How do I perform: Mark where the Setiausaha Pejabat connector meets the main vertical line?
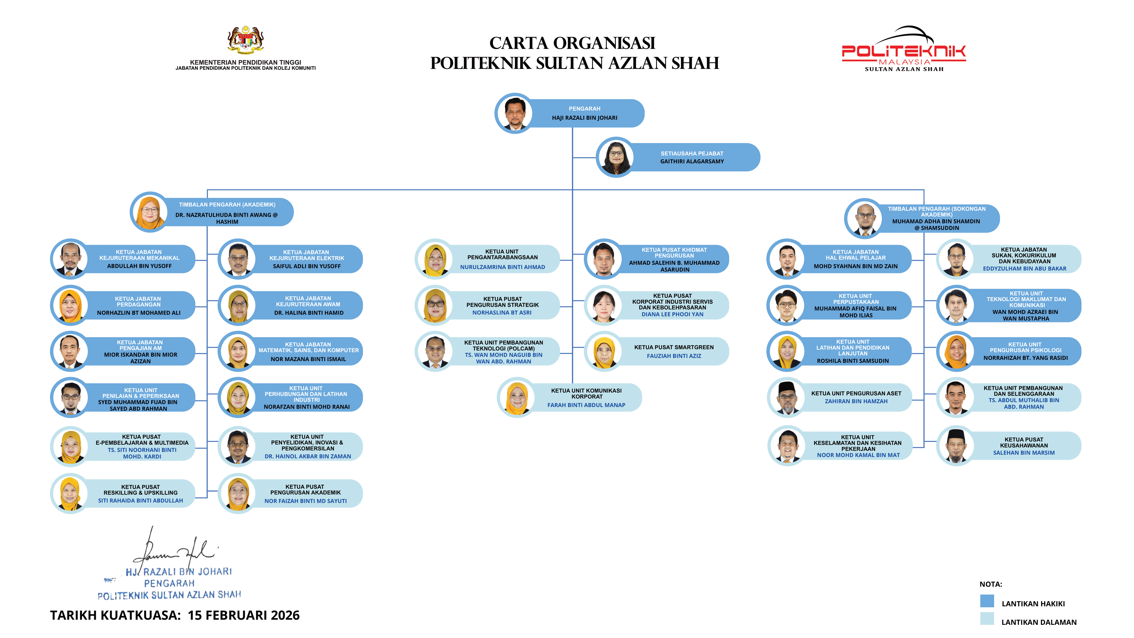tap(572, 157)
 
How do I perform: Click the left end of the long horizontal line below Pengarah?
tap(207, 190)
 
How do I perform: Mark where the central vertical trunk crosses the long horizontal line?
tap(572, 190)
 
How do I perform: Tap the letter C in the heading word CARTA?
tap(497, 43)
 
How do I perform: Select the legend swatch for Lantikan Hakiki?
tap(987, 601)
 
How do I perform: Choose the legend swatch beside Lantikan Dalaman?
tap(987, 619)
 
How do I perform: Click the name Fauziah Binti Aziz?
tap(674, 356)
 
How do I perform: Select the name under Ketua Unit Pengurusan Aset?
tap(856, 401)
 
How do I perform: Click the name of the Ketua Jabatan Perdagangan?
tap(139, 313)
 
